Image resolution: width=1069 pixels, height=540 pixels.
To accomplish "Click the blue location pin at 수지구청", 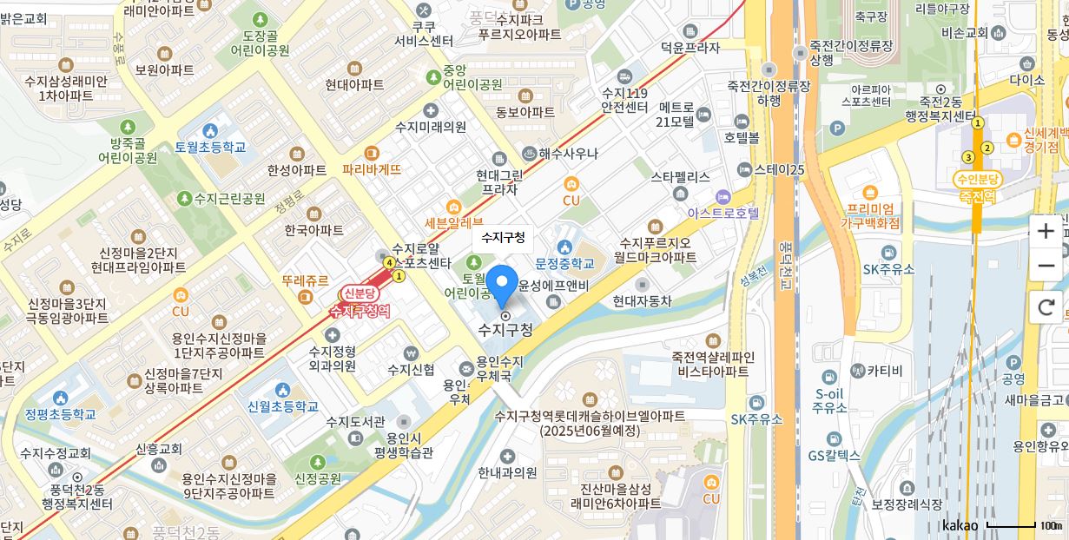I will point(501,285).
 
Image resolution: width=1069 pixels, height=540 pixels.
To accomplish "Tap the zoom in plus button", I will point(1046,231).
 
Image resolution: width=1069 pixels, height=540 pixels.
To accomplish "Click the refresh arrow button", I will point(1046,306).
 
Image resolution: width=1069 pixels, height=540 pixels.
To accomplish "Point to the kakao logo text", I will point(960,525).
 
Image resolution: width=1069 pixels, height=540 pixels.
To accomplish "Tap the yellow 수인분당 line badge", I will point(977,179).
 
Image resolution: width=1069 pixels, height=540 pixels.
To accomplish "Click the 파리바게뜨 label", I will point(372,169).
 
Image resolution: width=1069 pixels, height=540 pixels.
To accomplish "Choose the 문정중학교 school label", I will point(565,262).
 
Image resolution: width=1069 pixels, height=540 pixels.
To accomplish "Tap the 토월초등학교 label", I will point(210,147).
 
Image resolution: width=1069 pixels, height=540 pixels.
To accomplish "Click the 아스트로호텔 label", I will point(723,212).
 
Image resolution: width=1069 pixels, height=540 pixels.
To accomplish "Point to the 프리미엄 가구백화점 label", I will point(871,215).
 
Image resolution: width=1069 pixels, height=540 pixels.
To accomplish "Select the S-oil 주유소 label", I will point(830,400).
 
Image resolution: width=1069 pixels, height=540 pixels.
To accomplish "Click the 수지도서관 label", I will point(355,422).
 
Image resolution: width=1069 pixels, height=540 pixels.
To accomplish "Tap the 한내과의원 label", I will point(507,473).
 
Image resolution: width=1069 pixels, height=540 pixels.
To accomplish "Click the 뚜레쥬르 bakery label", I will point(305,281).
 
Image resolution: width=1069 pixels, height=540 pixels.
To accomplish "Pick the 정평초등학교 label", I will point(61,414).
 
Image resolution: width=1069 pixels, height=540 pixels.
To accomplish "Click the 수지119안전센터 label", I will point(624,100).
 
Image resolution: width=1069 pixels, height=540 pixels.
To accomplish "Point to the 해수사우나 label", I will point(568,154).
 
